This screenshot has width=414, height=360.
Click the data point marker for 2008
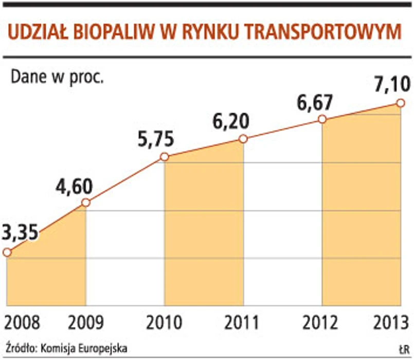[x=7, y=252]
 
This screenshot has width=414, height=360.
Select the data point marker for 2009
[x=86, y=203]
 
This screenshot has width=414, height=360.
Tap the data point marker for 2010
[x=164, y=157]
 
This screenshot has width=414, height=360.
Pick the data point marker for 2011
[x=243, y=139]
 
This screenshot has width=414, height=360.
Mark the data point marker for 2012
[x=322, y=119]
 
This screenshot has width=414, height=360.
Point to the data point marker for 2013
[x=400, y=103]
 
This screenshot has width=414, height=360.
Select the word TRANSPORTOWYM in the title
[x=323, y=32]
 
